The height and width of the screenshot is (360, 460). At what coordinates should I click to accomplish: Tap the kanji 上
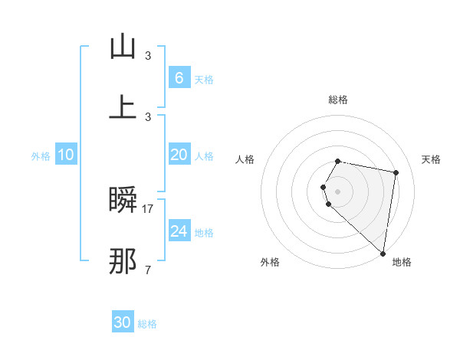[123, 106]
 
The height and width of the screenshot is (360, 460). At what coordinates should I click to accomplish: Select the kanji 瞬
[123, 201]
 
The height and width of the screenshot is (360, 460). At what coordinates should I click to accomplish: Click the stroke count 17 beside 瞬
[148, 208]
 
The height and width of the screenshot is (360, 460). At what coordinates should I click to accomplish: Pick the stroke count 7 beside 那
[148, 269]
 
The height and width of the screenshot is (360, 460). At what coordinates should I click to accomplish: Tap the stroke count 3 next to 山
[148, 55]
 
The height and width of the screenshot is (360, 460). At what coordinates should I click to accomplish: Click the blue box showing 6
[179, 78]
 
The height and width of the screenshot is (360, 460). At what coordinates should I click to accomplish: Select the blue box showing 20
[179, 155]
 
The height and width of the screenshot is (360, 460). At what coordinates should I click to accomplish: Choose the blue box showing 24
[179, 231]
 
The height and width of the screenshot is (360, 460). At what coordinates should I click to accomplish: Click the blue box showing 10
[66, 155]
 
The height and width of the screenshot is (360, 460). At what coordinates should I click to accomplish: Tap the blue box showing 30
[123, 322]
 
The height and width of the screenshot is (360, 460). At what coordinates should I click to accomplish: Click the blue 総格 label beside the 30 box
[147, 324]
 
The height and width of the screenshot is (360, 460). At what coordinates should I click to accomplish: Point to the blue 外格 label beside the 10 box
[41, 156]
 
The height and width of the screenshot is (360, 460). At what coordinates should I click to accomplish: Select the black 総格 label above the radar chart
[338, 100]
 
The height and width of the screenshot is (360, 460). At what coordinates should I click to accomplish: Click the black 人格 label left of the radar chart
[245, 159]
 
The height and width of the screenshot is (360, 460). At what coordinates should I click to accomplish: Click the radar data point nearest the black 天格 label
[396, 173]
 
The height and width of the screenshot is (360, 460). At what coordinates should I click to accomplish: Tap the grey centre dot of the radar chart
[338, 191]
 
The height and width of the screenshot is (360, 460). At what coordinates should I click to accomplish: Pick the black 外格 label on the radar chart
[270, 262]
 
